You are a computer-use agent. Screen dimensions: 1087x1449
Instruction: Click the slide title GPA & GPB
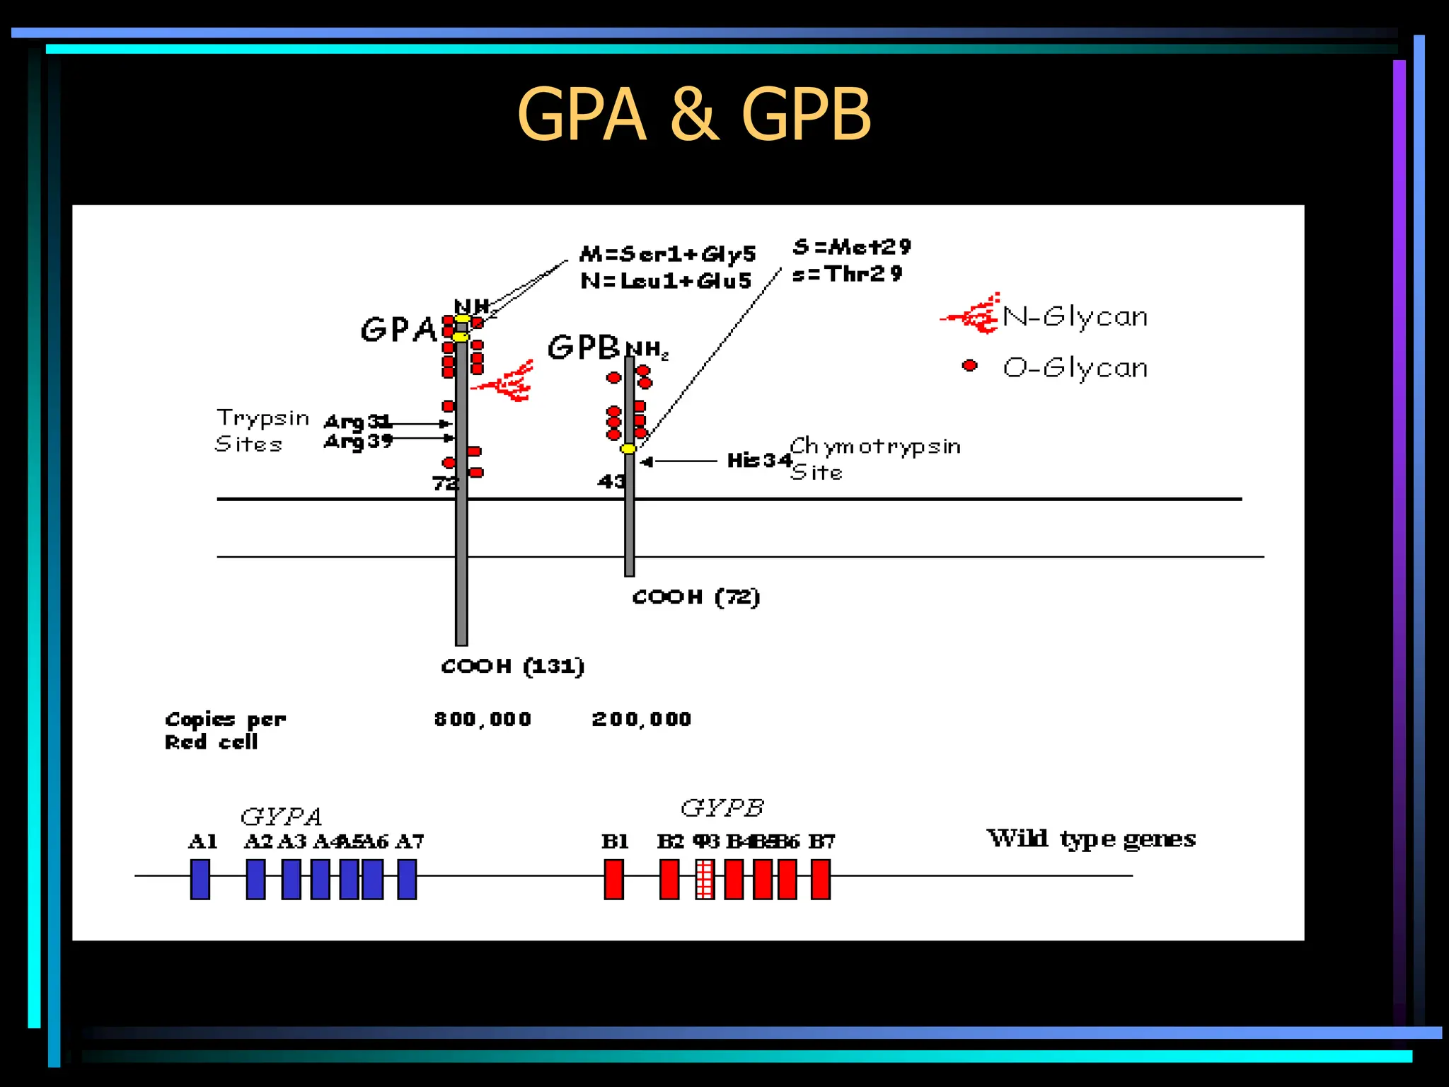point(693,115)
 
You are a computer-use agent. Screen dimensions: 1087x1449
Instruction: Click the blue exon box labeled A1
point(200,879)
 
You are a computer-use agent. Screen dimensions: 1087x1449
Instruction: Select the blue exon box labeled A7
point(407,879)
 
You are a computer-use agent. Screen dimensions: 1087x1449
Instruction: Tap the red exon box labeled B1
point(614,879)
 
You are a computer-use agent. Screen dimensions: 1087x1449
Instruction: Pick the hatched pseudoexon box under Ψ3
point(705,879)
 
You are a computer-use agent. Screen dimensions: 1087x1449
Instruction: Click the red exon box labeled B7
point(821,879)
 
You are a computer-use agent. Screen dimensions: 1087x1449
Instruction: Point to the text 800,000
point(483,719)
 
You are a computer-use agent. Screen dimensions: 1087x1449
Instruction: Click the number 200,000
point(641,719)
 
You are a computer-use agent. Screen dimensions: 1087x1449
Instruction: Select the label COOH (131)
point(512,666)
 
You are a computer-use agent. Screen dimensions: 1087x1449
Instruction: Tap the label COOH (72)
point(696,597)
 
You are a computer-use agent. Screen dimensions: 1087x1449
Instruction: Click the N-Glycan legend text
point(1075,316)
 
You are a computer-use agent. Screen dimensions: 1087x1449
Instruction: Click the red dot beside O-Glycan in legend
point(970,365)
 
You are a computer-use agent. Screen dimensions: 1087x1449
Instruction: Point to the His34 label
point(758,461)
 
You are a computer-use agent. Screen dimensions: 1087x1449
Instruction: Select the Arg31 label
point(357,422)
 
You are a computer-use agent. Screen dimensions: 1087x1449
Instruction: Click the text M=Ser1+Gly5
point(667,253)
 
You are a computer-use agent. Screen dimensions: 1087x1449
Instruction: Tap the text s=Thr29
point(847,274)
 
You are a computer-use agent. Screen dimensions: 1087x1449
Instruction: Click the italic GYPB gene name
point(722,807)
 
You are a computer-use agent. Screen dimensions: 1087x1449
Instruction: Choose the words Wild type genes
point(1091,839)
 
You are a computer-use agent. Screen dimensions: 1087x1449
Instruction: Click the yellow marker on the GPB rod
point(628,449)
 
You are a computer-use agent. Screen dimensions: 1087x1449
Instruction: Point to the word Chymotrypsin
point(875,446)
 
